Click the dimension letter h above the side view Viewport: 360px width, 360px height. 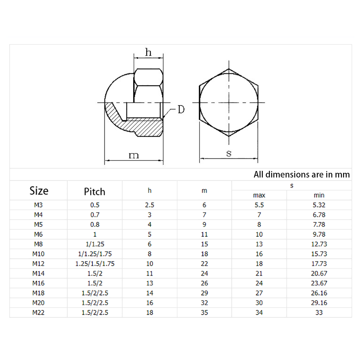point(148,52)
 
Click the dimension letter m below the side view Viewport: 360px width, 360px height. point(134,155)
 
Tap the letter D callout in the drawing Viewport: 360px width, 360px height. point(181,109)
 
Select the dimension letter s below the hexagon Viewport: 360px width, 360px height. point(229,153)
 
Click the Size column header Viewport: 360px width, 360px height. point(39,190)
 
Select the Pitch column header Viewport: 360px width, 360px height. point(95,191)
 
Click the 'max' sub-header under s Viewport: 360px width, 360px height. point(259,195)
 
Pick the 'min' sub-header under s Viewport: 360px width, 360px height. point(319,195)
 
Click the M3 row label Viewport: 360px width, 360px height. point(38,205)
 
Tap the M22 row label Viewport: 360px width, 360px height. point(38,312)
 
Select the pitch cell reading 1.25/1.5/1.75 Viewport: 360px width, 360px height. point(95,264)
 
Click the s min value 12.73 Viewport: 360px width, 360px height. point(319,244)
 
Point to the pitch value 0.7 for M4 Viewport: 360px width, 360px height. point(95,215)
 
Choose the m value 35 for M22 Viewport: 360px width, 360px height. point(204,312)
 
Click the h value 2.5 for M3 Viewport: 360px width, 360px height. point(150,205)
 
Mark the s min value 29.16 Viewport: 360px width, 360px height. point(319,302)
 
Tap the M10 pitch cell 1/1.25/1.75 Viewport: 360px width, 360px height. point(95,254)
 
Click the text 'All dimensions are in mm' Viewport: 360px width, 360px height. point(302,175)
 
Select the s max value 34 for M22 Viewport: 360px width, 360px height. point(259,312)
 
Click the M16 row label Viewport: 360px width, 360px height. point(38,283)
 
